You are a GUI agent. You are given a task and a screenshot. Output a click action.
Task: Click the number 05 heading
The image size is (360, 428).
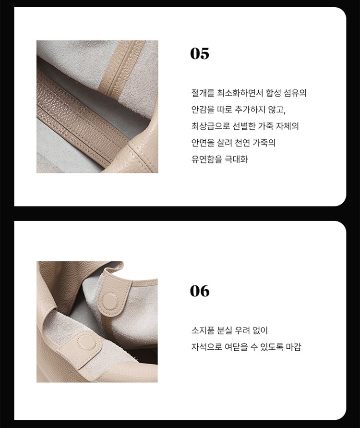tap(200, 53)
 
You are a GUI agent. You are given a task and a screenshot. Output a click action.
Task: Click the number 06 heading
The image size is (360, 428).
tap(200, 291)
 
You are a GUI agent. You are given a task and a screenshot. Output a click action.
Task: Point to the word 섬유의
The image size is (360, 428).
tap(295, 93)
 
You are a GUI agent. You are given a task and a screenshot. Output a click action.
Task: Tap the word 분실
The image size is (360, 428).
tap(224, 330)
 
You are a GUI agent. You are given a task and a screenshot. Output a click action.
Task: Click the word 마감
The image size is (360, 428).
tap(293, 347)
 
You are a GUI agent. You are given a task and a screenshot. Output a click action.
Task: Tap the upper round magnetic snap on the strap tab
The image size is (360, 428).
tap(111, 300)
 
